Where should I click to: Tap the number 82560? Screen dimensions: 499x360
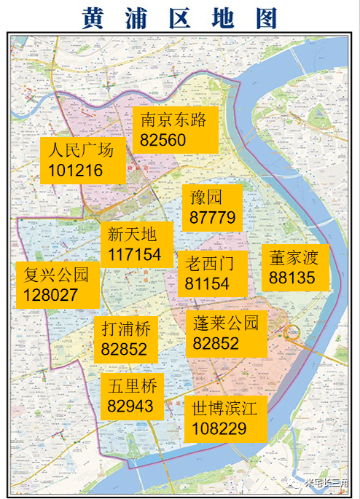pyautogui.click(x=163, y=140)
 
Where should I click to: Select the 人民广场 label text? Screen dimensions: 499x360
pyautogui.click(x=81, y=152)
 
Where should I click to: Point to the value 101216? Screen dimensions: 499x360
pyautogui.click(x=76, y=171)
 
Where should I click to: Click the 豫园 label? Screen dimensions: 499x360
pyautogui.click(x=206, y=197)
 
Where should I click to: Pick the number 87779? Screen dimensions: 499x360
pyautogui.click(x=212, y=217)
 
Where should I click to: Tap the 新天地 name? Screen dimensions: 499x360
pyautogui.click(x=132, y=235)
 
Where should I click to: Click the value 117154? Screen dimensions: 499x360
pyautogui.click(x=136, y=255)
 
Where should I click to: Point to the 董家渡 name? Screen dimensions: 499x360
pyautogui.click(x=294, y=258)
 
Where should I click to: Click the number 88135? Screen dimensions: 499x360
pyautogui.click(x=292, y=278)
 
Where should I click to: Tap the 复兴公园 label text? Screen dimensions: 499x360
pyautogui.click(x=56, y=275)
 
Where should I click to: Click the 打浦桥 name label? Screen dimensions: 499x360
pyautogui.click(x=126, y=329)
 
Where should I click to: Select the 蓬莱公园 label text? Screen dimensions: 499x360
pyautogui.click(x=226, y=323)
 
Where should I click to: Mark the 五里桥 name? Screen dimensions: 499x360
pyautogui.click(x=132, y=385)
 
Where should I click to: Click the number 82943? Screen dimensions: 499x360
pyautogui.click(x=130, y=405)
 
